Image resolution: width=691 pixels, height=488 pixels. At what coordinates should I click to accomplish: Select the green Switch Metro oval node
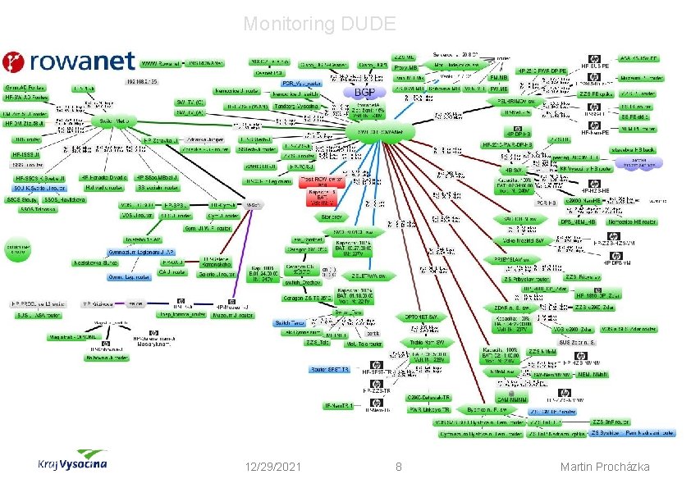[115, 121]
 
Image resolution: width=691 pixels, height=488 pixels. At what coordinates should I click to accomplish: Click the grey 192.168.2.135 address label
[141, 82]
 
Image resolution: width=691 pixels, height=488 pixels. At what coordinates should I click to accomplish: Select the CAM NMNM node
[517, 399]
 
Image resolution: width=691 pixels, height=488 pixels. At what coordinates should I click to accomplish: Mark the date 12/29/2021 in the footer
[272, 467]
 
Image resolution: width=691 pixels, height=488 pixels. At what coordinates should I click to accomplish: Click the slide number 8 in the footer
[398, 467]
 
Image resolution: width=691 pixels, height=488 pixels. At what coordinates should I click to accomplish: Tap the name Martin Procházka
[604, 467]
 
